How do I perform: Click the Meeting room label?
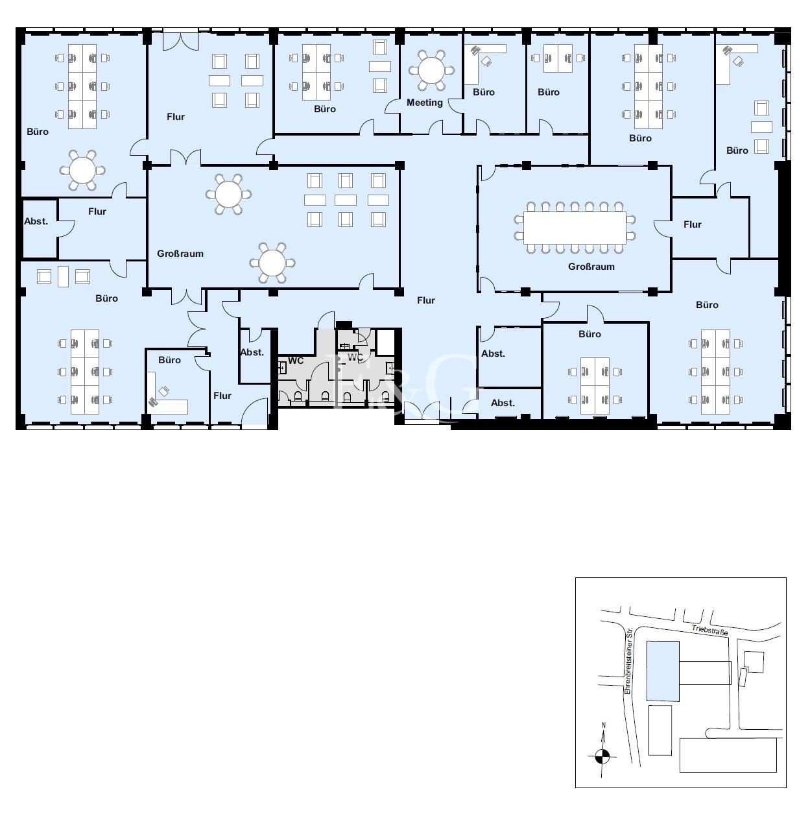click(x=424, y=102)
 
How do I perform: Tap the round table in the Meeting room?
click(x=431, y=71)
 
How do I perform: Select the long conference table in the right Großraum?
click(x=574, y=228)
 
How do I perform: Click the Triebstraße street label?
click(x=709, y=630)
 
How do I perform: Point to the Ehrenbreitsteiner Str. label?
click(x=628, y=661)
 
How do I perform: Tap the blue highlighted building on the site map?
click(x=662, y=671)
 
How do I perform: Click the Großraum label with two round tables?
click(x=180, y=254)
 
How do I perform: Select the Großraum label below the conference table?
click(x=591, y=267)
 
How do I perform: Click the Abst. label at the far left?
click(x=36, y=221)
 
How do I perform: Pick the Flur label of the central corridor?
click(x=426, y=300)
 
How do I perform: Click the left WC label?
click(x=296, y=361)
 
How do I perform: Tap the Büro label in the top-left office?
click(x=38, y=132)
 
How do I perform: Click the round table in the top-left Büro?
click(x=82, y=170)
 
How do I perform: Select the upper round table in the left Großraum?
click(x=228, y=194)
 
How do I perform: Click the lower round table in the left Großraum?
click(x=272, y=263)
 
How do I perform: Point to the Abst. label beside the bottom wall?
click(x=503, y=403)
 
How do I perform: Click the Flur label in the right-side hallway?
click(x=693, y=224)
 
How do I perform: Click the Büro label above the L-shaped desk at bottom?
click(x=169, y=360)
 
